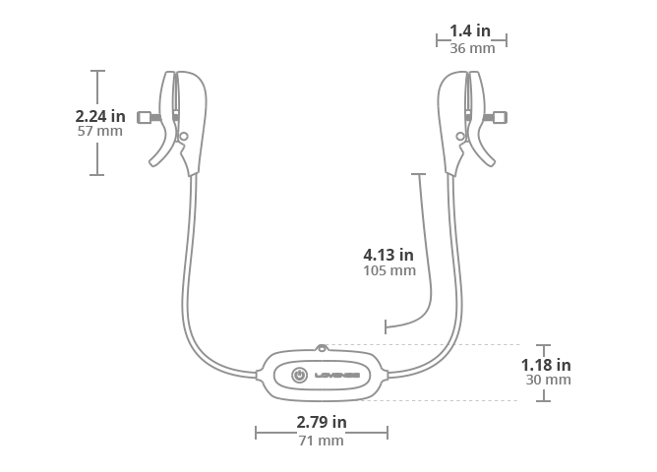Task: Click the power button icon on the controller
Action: (x=299, y=375)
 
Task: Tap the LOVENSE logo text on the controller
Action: (x=337, y=376)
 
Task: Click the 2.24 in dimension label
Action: (x=100, y=116)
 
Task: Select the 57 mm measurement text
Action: (x=100, y=131)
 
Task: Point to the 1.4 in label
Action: (x=470, y=30)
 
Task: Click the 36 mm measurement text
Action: (x=472, y=48)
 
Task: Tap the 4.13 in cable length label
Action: (x=388, y=255)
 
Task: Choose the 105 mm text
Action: (x=389, y=270)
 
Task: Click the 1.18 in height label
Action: (x=546, y=365)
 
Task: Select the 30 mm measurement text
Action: (x=549, y=380)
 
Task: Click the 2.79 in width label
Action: (x=322, y=422)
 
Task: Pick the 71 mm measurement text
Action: (x=321, y=441)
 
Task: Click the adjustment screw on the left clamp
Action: (x=149, y=118)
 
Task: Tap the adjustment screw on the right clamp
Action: (x=495, y=118)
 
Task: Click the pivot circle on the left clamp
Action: (x=184, y=136)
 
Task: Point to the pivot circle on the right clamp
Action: (x=460, y=136)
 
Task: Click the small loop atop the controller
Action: (x=322, y=348)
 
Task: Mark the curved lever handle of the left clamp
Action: (x=161, y=150)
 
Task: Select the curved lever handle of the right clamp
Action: (x=483, y=150)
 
